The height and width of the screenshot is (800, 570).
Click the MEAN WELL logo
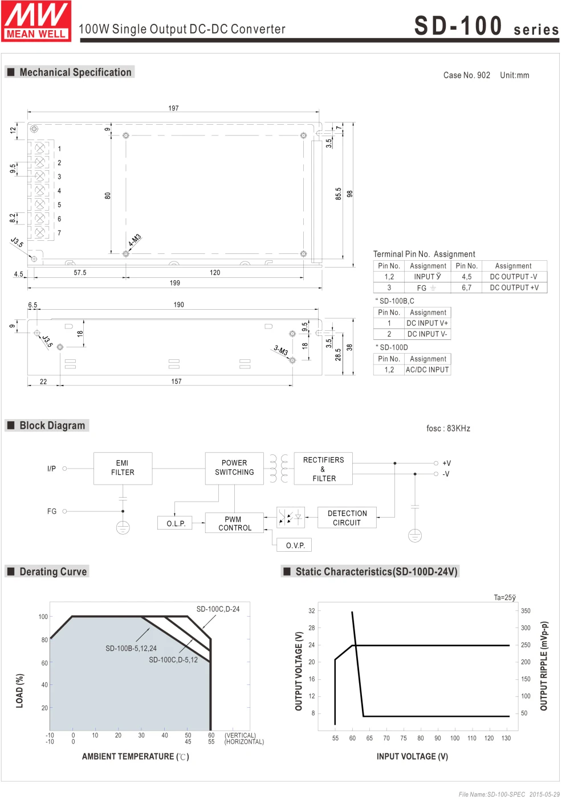pos(36,21)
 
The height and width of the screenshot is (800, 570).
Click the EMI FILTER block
pos(123,468)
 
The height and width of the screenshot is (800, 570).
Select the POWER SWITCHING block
pos(234,468)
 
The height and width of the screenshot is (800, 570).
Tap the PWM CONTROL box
pos(235,523)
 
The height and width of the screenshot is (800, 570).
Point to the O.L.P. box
pos(176,523)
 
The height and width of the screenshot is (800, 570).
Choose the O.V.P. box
pos(295,545)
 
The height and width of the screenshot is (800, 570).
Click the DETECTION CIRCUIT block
pos(347,518)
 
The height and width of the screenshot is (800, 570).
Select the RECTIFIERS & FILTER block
pos(323,469)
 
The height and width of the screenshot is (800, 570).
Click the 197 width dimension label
pos(173,108)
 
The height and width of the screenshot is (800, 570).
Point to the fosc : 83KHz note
pos(448,429)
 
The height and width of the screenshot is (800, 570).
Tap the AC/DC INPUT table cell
pos(427,370)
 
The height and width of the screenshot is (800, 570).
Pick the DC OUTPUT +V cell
pos(514,288)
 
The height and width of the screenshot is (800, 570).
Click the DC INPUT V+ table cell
pos(427,323)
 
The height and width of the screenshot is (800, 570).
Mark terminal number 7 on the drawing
pos(59,233)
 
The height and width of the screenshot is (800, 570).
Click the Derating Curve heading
pos(53,572)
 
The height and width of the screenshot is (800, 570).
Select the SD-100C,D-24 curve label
pos(218,609)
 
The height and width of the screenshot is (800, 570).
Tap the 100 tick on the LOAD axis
pos(43,617)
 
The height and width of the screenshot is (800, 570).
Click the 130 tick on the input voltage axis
pos(506,739)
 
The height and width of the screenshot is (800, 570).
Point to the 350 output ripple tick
pos(526,611)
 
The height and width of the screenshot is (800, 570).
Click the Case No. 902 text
pos(466,75)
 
